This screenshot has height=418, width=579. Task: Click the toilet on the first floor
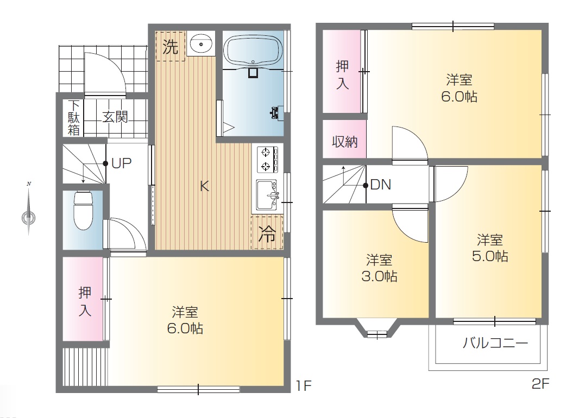coord(83,211)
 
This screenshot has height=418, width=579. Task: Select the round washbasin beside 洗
coord(201,44)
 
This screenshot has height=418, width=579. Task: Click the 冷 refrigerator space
coord(267,233)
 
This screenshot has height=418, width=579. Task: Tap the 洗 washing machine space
coord(170,47)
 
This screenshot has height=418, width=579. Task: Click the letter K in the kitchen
coord(204,186)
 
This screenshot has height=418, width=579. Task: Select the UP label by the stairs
coord(122,163)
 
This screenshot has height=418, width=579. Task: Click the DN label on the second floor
coord(381,185)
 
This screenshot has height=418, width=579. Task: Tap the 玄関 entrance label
coord(115,117)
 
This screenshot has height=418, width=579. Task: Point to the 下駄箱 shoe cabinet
coord(73,118)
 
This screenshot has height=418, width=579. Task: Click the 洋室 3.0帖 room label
coord(379,268)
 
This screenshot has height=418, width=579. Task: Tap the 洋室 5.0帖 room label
coord(490,248)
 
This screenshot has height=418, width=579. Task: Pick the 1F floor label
coord(304,386)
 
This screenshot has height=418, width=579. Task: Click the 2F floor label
coord(540,384)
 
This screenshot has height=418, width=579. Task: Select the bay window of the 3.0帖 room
coord(377,328)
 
